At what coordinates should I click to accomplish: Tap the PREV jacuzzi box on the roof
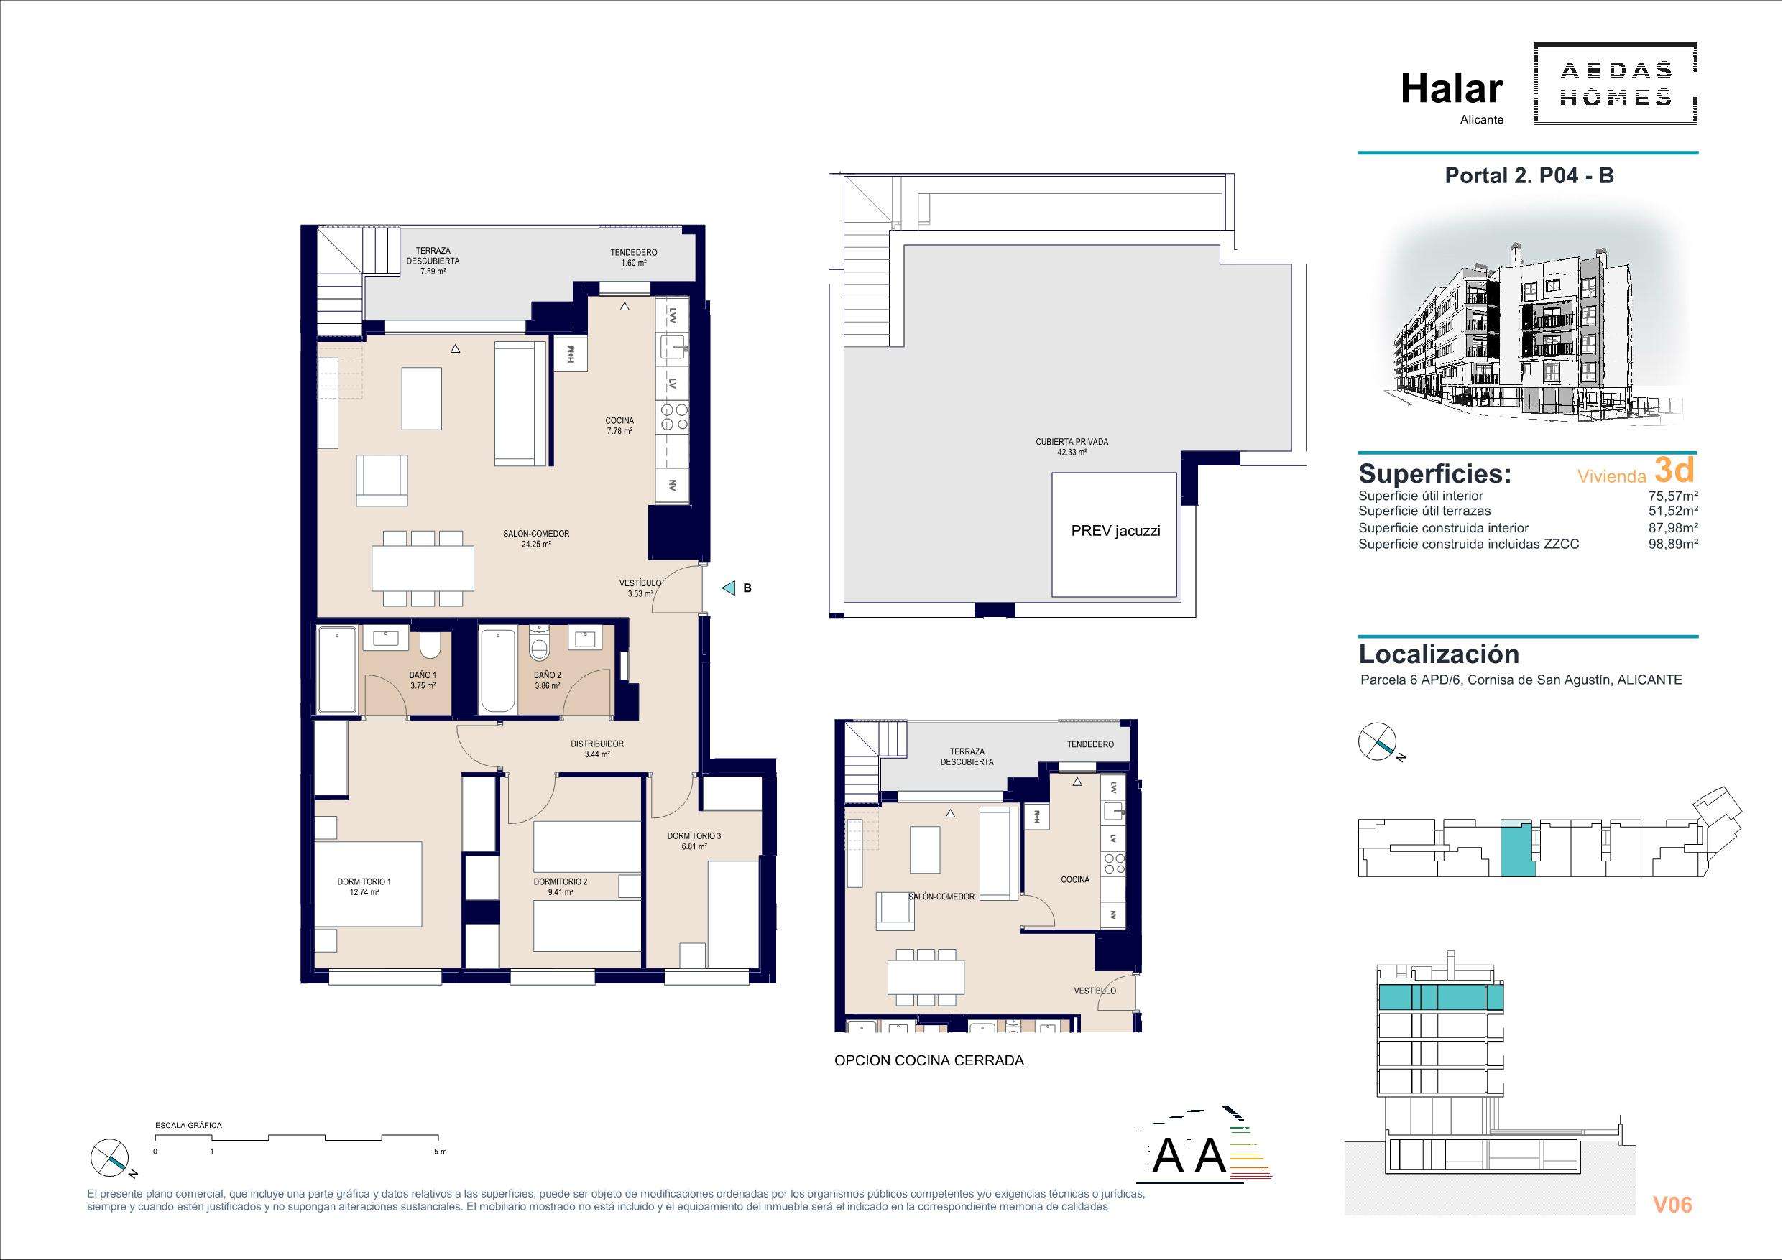[1115, 534]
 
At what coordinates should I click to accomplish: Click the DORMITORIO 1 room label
[364, 886]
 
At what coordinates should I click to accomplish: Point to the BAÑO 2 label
[548, 680]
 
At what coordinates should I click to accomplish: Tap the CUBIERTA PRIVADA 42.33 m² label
[1072, 446]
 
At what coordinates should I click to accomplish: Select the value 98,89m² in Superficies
[1673, 545]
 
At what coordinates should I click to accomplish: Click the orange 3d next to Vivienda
[1674, 471]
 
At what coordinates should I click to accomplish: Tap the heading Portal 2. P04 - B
[1529, 175]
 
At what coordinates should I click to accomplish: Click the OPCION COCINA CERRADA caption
[929, 1060]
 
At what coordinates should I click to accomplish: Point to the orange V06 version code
[1672, 1204]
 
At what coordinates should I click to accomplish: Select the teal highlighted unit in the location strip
[1517, 848]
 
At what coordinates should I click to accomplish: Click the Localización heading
[1439, 654]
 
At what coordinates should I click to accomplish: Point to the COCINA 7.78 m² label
[619, 425]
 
